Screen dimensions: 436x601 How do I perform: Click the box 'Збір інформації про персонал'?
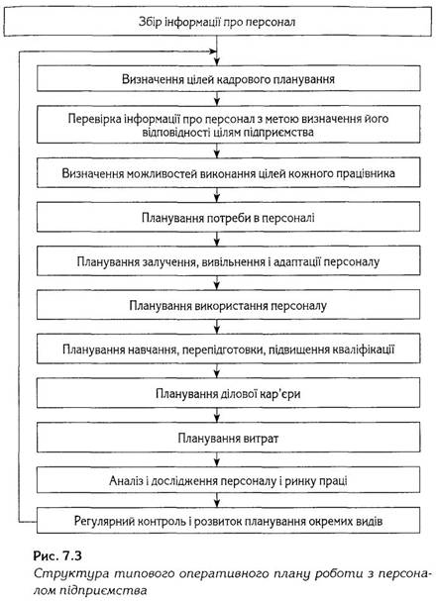coord(217,22)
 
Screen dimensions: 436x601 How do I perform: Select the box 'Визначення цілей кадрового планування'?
coord(229,78)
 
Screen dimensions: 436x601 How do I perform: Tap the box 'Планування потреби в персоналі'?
coord(229,217)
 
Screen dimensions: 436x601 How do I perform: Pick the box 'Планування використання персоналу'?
coord(229,306)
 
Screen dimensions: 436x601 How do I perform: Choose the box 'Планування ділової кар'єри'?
coord(229,394)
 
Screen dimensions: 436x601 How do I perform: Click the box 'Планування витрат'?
coord(229,438)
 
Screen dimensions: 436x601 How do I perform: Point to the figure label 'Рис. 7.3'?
coord(57,555)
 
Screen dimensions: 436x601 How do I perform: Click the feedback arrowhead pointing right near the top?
coord(213,51)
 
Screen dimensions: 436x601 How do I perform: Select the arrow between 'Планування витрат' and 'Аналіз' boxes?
coord(217,459)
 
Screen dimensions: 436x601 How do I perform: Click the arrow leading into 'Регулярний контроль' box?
coord(217,500)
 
